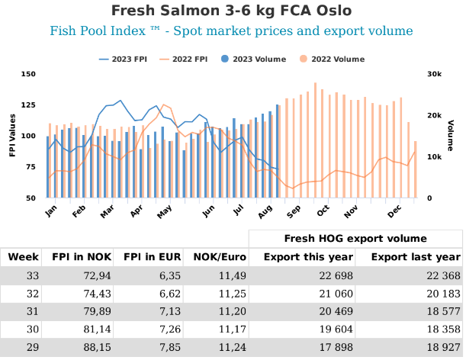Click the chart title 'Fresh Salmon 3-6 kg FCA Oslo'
click(x=233, y=11)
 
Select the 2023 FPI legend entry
click(x=124, y=59)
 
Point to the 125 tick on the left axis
click(x=28, y=105)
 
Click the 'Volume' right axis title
click(x=451, y=136)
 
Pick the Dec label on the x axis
click(x=394, y=209)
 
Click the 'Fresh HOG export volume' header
click(x=355, y=238)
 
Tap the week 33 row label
click(x=33, y=275)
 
